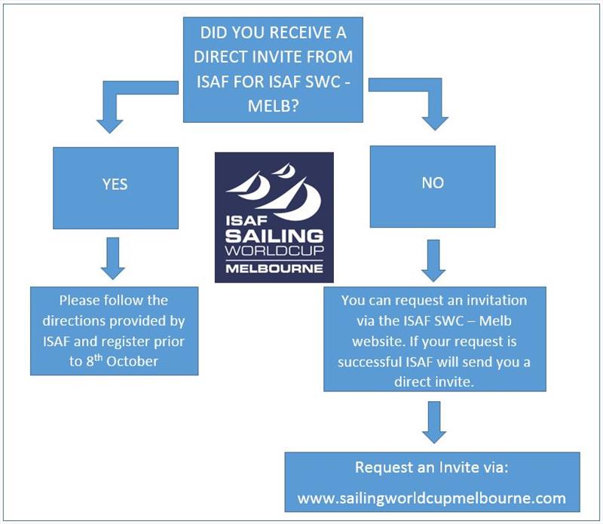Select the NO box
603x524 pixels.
coord(432,183)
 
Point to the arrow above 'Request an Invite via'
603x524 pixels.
coord(432,421)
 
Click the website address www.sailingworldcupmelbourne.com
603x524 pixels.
coord(431,498)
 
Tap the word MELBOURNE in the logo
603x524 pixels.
coord(274,268)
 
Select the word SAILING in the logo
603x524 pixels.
coord(274,235)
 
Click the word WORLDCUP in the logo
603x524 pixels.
coord(274,253)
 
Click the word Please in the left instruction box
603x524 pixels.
coord(78,300)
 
